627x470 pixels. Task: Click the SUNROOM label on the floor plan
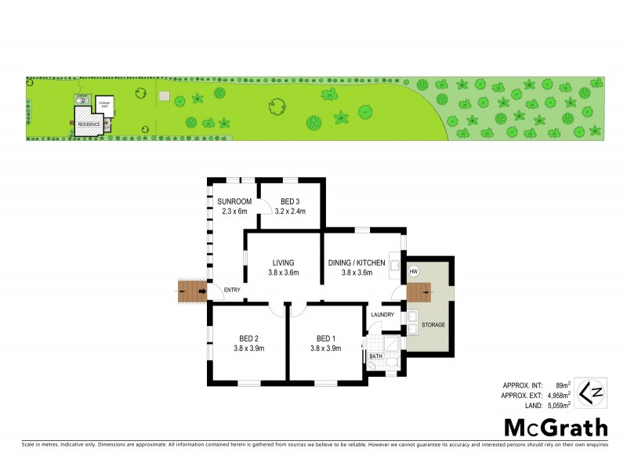click(234, 201)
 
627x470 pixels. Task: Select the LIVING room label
click(282, 263)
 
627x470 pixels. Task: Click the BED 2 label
click(249, 339)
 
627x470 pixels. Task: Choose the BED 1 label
click(325, 339)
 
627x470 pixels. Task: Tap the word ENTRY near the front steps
click(232, 291)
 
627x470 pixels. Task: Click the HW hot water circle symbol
click(414, 272)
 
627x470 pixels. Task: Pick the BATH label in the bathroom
click(375, 356)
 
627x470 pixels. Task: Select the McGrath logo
click(555, 427)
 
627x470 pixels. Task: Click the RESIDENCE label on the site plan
click(88, 125)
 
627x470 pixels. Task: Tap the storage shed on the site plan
click(105, 104)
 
